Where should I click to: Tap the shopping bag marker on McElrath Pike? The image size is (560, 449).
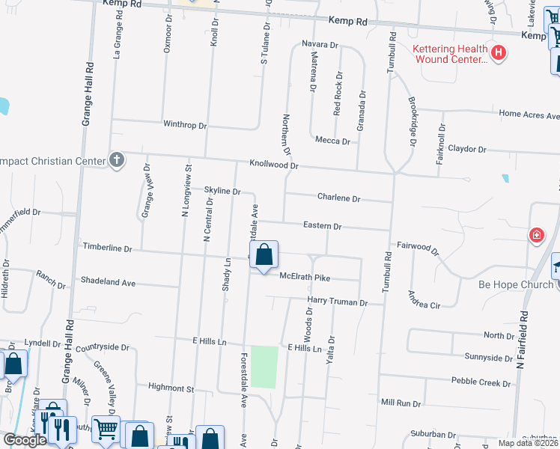264,256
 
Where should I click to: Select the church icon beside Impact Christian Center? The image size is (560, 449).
116,159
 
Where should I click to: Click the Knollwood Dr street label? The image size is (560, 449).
274,165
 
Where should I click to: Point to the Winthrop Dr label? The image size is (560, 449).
185,125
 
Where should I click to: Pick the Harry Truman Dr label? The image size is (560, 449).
338,302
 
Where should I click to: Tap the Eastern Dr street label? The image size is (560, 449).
322,225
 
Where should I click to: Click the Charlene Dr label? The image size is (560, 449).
339,198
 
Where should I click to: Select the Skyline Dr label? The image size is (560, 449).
222,192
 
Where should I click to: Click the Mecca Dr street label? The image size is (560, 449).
332,141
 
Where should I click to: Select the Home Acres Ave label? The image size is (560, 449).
529,115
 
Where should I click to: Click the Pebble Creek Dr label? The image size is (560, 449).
481,382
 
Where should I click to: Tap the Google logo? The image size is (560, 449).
25,439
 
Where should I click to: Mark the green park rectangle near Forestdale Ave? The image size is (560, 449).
264,367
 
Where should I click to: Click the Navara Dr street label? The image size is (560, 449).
320,45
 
